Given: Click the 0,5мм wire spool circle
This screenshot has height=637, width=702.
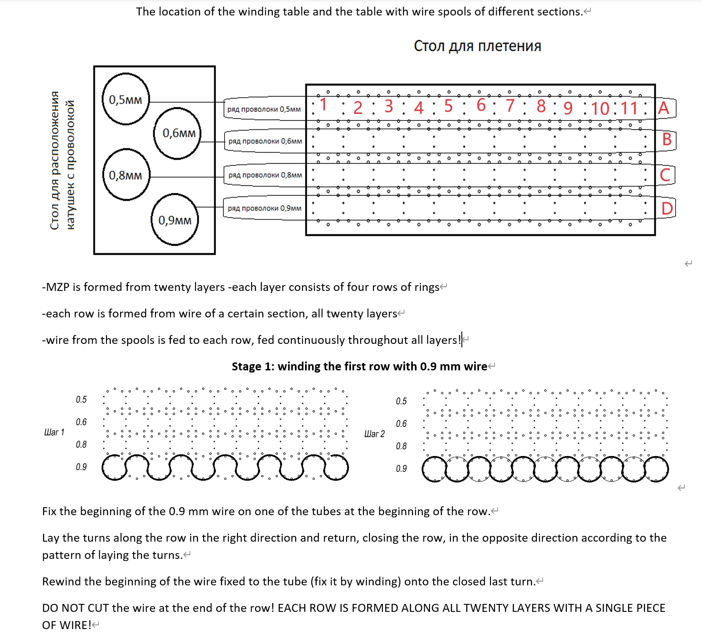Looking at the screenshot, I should [x=126, y=99].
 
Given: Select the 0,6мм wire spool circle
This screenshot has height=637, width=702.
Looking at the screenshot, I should [x=178, y=133].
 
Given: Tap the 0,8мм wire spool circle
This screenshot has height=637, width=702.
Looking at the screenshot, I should [x=126, y=175].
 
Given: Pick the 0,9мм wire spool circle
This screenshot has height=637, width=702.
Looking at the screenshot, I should [x=175, y=219].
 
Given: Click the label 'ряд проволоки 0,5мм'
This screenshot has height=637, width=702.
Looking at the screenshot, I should [x=264, y=109].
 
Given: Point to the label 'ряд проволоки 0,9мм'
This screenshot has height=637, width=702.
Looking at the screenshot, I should [x=264, y=208].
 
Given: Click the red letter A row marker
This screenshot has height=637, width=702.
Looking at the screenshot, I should [x=664, y=108].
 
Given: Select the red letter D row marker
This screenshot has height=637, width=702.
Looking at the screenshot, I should [x=667, y=208].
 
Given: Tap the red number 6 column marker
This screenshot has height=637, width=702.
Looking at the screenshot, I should [x=481, y=106].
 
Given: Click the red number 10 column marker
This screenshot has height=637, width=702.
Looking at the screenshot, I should [x=600, y=109].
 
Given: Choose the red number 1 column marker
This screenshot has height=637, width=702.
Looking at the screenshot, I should [x=324, y=105].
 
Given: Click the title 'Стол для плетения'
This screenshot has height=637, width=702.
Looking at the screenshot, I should [x=477, y=46].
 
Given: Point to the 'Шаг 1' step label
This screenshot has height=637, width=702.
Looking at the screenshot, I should [x=54, y=432].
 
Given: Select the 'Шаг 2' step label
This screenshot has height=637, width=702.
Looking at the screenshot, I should [x=374, y=434].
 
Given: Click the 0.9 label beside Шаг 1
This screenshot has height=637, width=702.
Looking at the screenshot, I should [x=81, y=467].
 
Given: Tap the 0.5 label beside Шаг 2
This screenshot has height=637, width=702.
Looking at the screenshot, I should [x=401, y=401].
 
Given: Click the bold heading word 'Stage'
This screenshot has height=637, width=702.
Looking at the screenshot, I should [x=246, y=366].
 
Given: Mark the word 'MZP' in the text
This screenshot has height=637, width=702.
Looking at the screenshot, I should [x=58, y=287].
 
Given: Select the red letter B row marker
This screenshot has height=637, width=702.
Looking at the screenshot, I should [x=667, y=139].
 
